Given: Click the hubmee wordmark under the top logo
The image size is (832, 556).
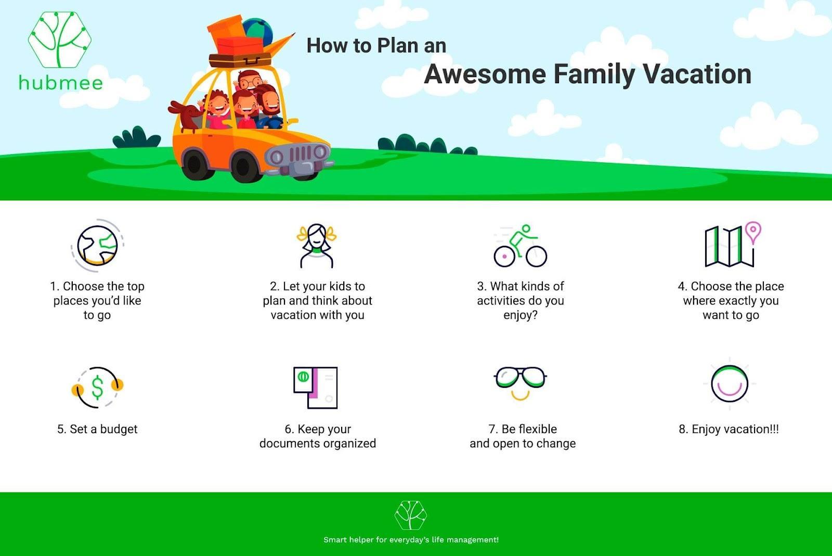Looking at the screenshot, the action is [61, 83].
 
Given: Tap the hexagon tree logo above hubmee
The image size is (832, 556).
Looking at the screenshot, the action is [60, 40].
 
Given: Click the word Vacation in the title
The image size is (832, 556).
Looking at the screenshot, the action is [697, 74].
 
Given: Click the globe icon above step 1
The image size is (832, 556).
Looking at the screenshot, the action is [97, 245].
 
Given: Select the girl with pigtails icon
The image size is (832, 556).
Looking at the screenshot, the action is [317, 245].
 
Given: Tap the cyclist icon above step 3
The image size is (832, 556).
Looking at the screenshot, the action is [521, 246].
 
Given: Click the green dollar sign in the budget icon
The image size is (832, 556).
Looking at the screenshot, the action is [97, 387].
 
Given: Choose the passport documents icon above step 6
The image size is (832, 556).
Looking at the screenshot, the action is [316, 387].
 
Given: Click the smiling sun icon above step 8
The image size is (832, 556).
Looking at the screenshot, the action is [730, 384].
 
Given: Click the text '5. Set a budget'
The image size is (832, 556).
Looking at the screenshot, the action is [97, 429].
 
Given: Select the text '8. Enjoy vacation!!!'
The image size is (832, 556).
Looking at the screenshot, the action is [729, 429].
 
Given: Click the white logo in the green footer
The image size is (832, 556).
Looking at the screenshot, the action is [411, 515].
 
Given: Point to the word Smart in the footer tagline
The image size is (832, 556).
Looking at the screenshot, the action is [334, 540].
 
